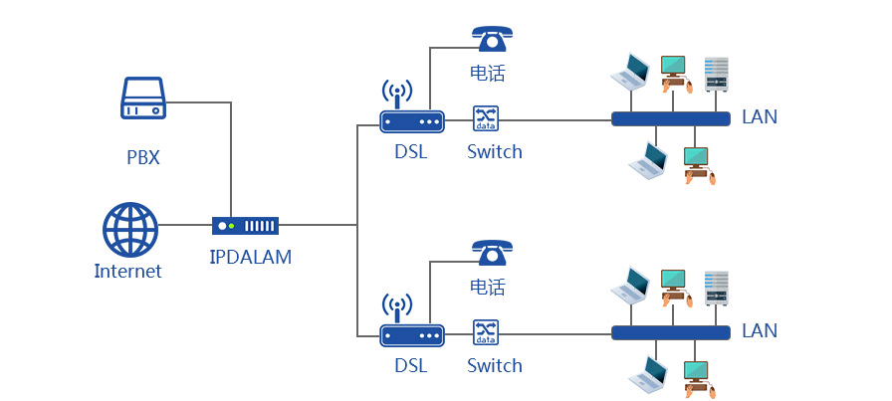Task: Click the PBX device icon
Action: coord(143,100)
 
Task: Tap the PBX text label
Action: coord(143,157)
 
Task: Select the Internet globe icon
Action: coord(130,229)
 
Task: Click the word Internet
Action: coord(127,271)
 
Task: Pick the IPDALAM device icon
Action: coord(245,226)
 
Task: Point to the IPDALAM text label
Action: coord(251,258)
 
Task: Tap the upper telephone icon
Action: coord(490,37)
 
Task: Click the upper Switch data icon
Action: coord(485,118)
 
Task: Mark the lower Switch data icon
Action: coord(485,332)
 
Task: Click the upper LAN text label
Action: coord(760,117)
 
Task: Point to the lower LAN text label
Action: coord(760,330)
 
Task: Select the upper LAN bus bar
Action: coord(669,118)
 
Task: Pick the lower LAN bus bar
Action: coord(669,332)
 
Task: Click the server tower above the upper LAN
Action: coord(717,74)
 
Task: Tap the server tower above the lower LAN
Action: coord(717,288)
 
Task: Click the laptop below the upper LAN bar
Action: coord(648,161)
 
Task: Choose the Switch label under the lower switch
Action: coord(495,365)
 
